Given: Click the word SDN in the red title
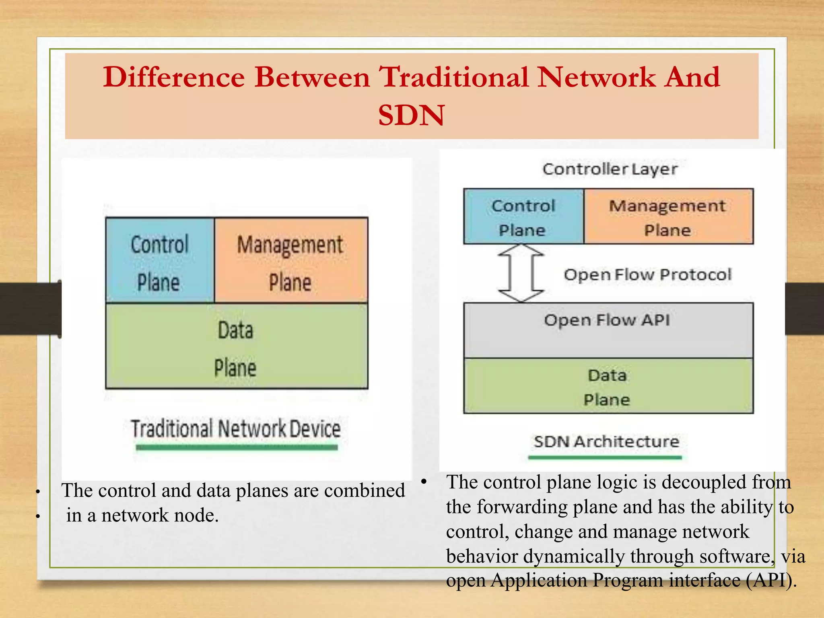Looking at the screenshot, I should pyautogui.click(x=411, y=115).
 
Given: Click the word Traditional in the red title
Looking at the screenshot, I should pyautogui.click(x=454, y=77).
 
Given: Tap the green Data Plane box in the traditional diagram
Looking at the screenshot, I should pyautogui.click(x=236, y=346).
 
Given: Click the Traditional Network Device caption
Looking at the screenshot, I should pyautogui.click(x=236, y=429).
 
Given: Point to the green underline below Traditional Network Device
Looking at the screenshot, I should pyautogui.click(x=237, y=447).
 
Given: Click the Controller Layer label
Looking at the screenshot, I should pyautogui.click(x=610, y=169).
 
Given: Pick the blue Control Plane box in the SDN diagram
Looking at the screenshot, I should pyautogui.click(x=523, y=217).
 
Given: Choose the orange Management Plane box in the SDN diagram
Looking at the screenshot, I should pyautogui.click(x=668, y=217).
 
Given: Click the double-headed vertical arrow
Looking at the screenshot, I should pyautogui.click(x=521, y=273).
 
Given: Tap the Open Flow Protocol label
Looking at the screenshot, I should pyautogui.click(x=647, y=275).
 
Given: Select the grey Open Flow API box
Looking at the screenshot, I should pyautogui.click(x=608, y=330).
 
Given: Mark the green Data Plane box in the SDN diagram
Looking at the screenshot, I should pyautogui.click(x=608, y=386).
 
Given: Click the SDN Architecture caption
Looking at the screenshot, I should pyautogui.click(x=606, y=442).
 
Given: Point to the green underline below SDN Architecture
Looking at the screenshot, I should pyautogui.click(x=605, y=457).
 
